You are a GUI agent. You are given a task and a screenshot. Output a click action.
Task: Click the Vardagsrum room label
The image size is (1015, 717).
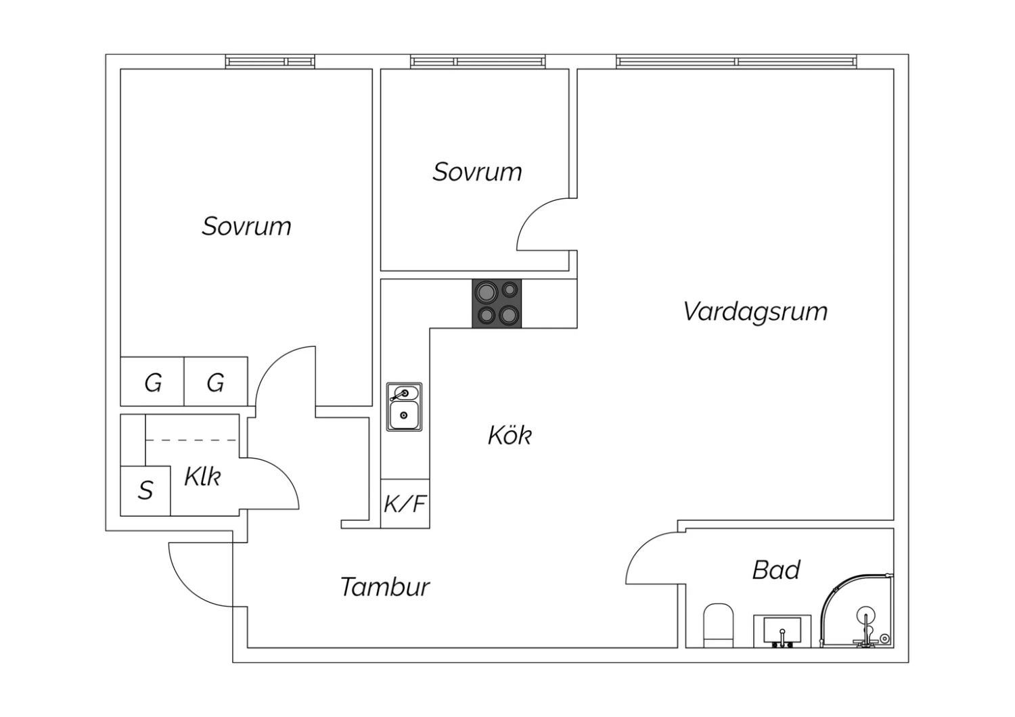click(x=755, y=312)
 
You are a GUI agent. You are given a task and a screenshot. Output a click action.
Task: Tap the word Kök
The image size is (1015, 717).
click(x=510, y=435)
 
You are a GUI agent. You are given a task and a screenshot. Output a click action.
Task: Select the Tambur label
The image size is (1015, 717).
click(x=384, y=586)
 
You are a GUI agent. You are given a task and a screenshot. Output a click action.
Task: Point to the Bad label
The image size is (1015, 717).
click(x=776, y=570)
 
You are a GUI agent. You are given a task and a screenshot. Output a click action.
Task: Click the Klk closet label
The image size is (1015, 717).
click(x=202, y=477)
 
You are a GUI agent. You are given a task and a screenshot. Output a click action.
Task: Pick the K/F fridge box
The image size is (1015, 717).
click(x=405, y=504)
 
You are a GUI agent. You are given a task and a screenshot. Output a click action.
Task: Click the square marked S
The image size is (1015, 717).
click(x=145, y=490)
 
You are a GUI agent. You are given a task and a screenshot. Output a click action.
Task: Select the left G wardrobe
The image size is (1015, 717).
click(x=153, y=382)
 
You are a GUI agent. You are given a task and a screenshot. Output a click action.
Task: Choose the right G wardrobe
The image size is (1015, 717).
click(x=215, y=382)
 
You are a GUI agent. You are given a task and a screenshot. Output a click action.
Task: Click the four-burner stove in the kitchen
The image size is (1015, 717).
click(x=497, y=304)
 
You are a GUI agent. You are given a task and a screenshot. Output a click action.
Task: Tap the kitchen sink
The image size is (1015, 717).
click(x=404, y=407)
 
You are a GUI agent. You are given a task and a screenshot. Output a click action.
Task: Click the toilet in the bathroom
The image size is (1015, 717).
click(x=719, y=625)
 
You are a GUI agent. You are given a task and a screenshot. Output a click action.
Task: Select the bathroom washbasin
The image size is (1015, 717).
click(x=782, y=631)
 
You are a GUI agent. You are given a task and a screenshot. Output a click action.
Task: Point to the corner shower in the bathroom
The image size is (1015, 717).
click(x=857, y=612)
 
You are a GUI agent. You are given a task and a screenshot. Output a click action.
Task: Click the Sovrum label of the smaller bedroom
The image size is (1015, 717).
click(x=477, y=172)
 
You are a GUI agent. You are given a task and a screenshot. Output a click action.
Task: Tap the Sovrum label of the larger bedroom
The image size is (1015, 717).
click(x=246, y=226)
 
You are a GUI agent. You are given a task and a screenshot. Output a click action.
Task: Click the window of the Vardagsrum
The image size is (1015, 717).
click(x=737, y=62)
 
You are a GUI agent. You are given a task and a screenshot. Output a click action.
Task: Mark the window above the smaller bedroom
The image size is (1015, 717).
click(x=478, y=62)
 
